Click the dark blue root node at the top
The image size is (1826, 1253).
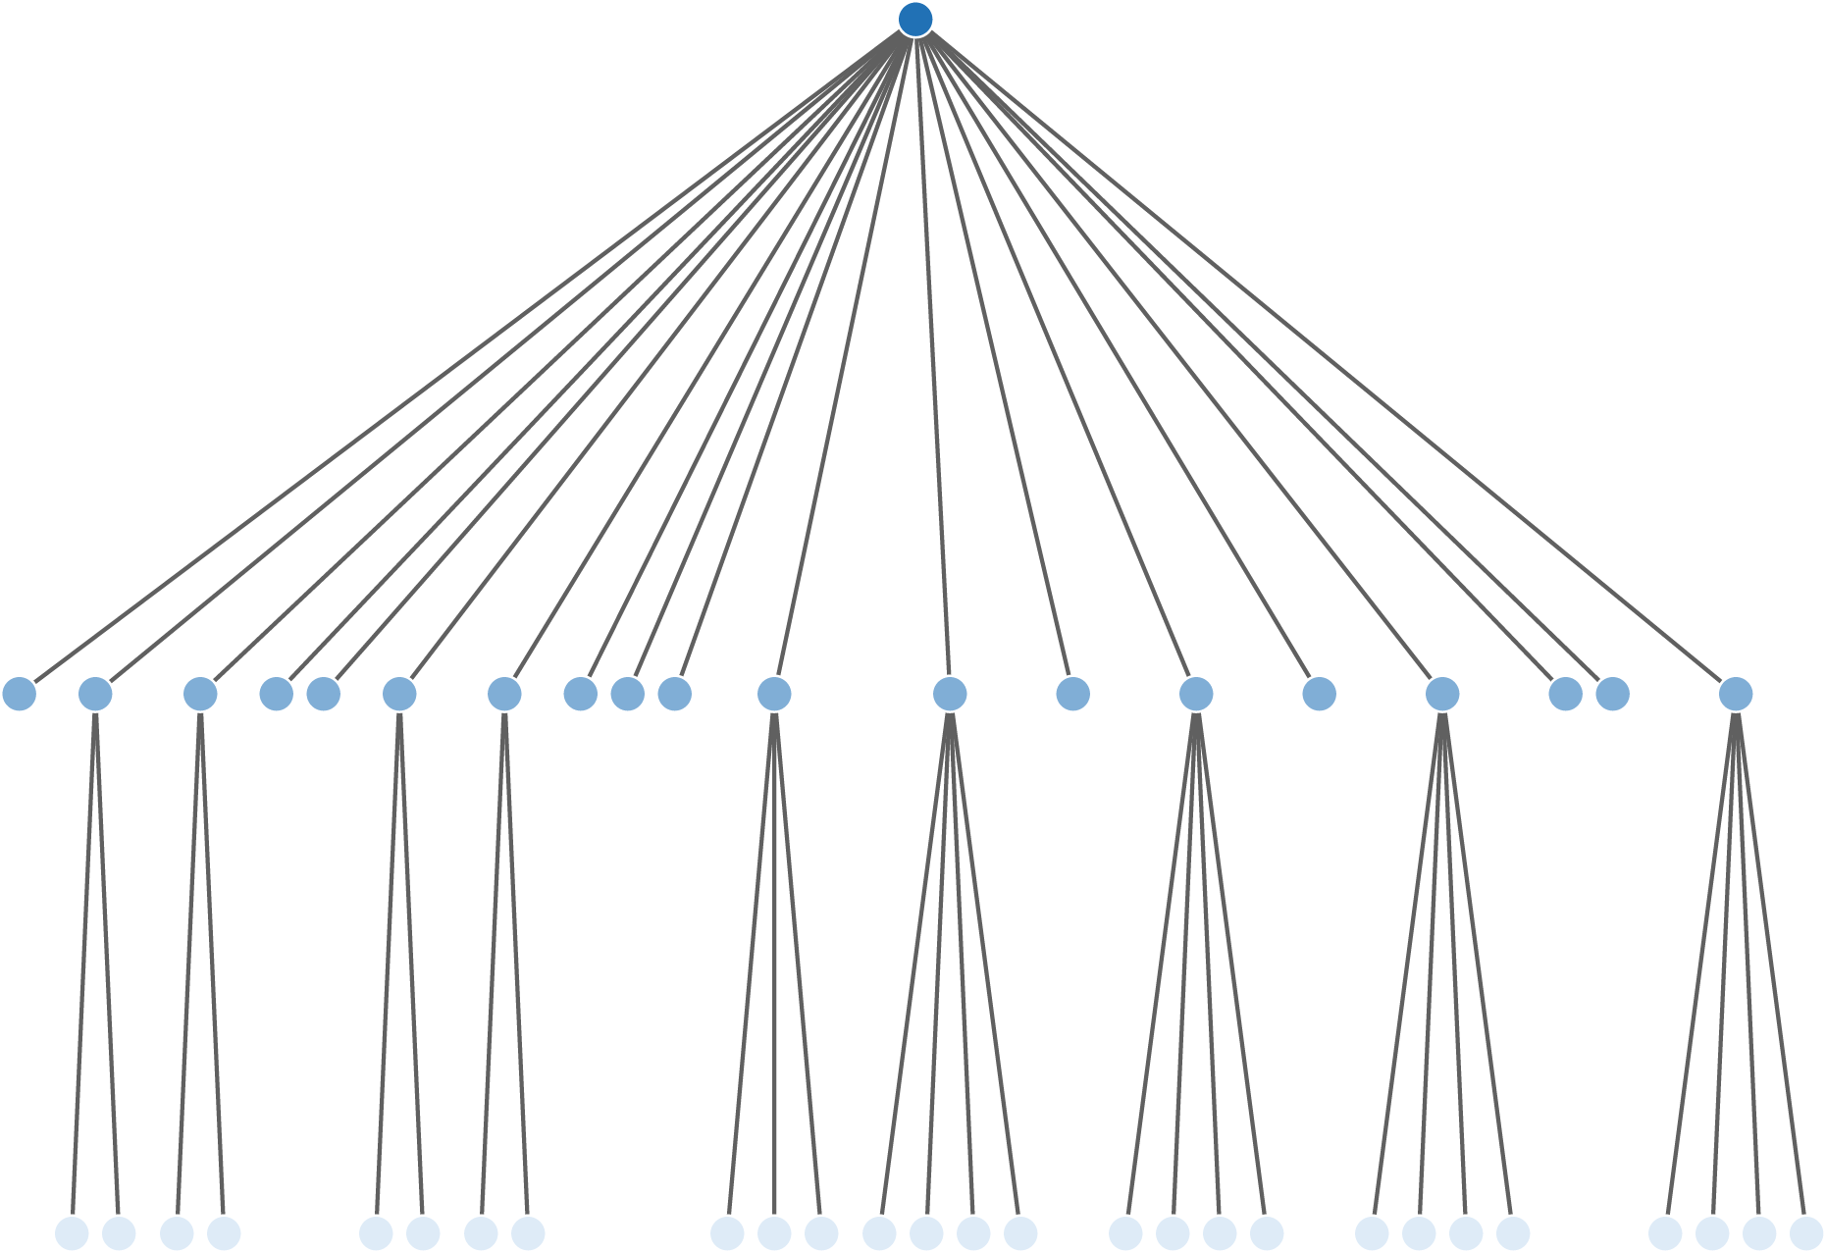(914, 20)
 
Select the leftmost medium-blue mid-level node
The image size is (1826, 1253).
(20, 694)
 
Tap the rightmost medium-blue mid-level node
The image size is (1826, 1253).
(1735, 694)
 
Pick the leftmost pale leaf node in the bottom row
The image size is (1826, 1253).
(72, 1233)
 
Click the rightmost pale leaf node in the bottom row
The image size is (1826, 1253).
(1805, 1233)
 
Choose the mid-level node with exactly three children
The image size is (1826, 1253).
(774, 694)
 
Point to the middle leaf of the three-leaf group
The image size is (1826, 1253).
(774, 1233)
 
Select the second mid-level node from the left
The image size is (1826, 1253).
(95, 694)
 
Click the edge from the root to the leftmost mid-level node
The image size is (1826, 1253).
(467, 357)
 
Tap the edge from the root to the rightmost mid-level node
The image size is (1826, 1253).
(1325, 357)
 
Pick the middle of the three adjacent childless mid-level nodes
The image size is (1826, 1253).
(628, 694)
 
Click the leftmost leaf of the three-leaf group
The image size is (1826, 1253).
(727, 1233)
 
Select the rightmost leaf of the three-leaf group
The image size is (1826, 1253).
(821, 1233)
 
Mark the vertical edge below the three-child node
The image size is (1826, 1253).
(774, 962)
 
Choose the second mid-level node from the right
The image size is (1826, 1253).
(1612, 694)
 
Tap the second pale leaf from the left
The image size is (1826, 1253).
(119, 1233)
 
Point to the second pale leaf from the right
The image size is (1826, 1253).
(1758, 1233)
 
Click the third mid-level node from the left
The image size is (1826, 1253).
(200, 694)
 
